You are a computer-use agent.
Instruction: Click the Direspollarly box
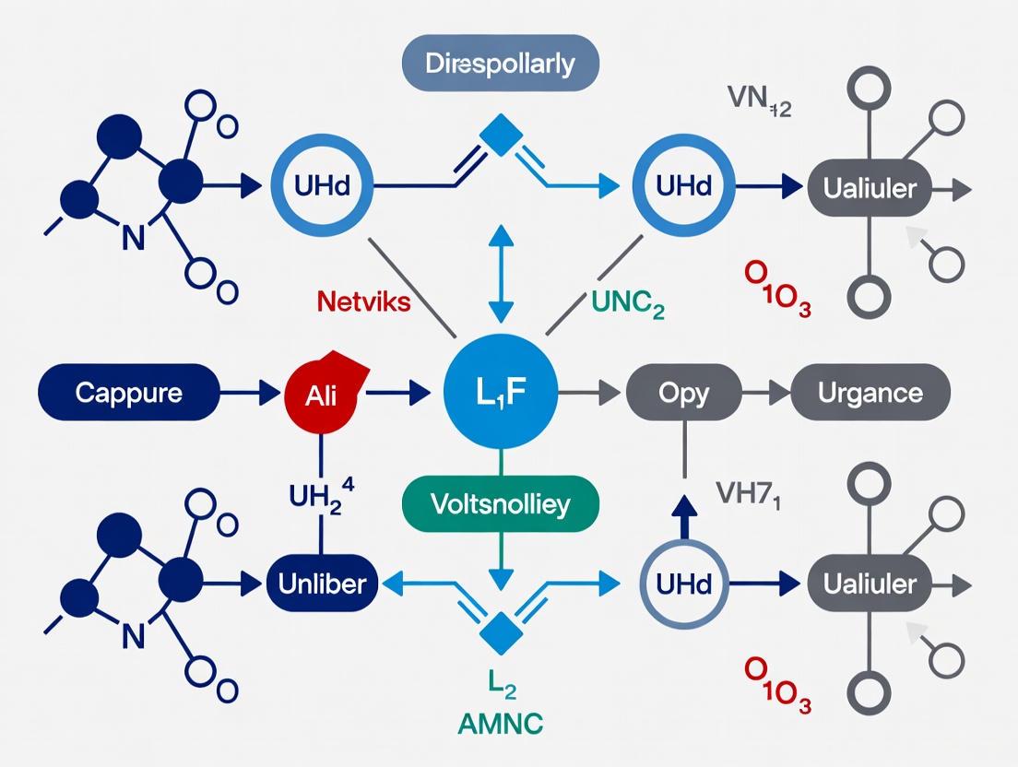501,65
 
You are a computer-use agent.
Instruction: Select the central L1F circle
500,393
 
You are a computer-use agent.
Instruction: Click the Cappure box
128,393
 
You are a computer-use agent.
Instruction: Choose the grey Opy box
683,393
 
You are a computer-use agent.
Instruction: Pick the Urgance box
870,393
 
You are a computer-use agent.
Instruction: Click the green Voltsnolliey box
500,504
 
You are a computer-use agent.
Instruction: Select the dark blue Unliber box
322,583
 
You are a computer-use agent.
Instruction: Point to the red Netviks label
363,301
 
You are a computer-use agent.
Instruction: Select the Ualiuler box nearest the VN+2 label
870,188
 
